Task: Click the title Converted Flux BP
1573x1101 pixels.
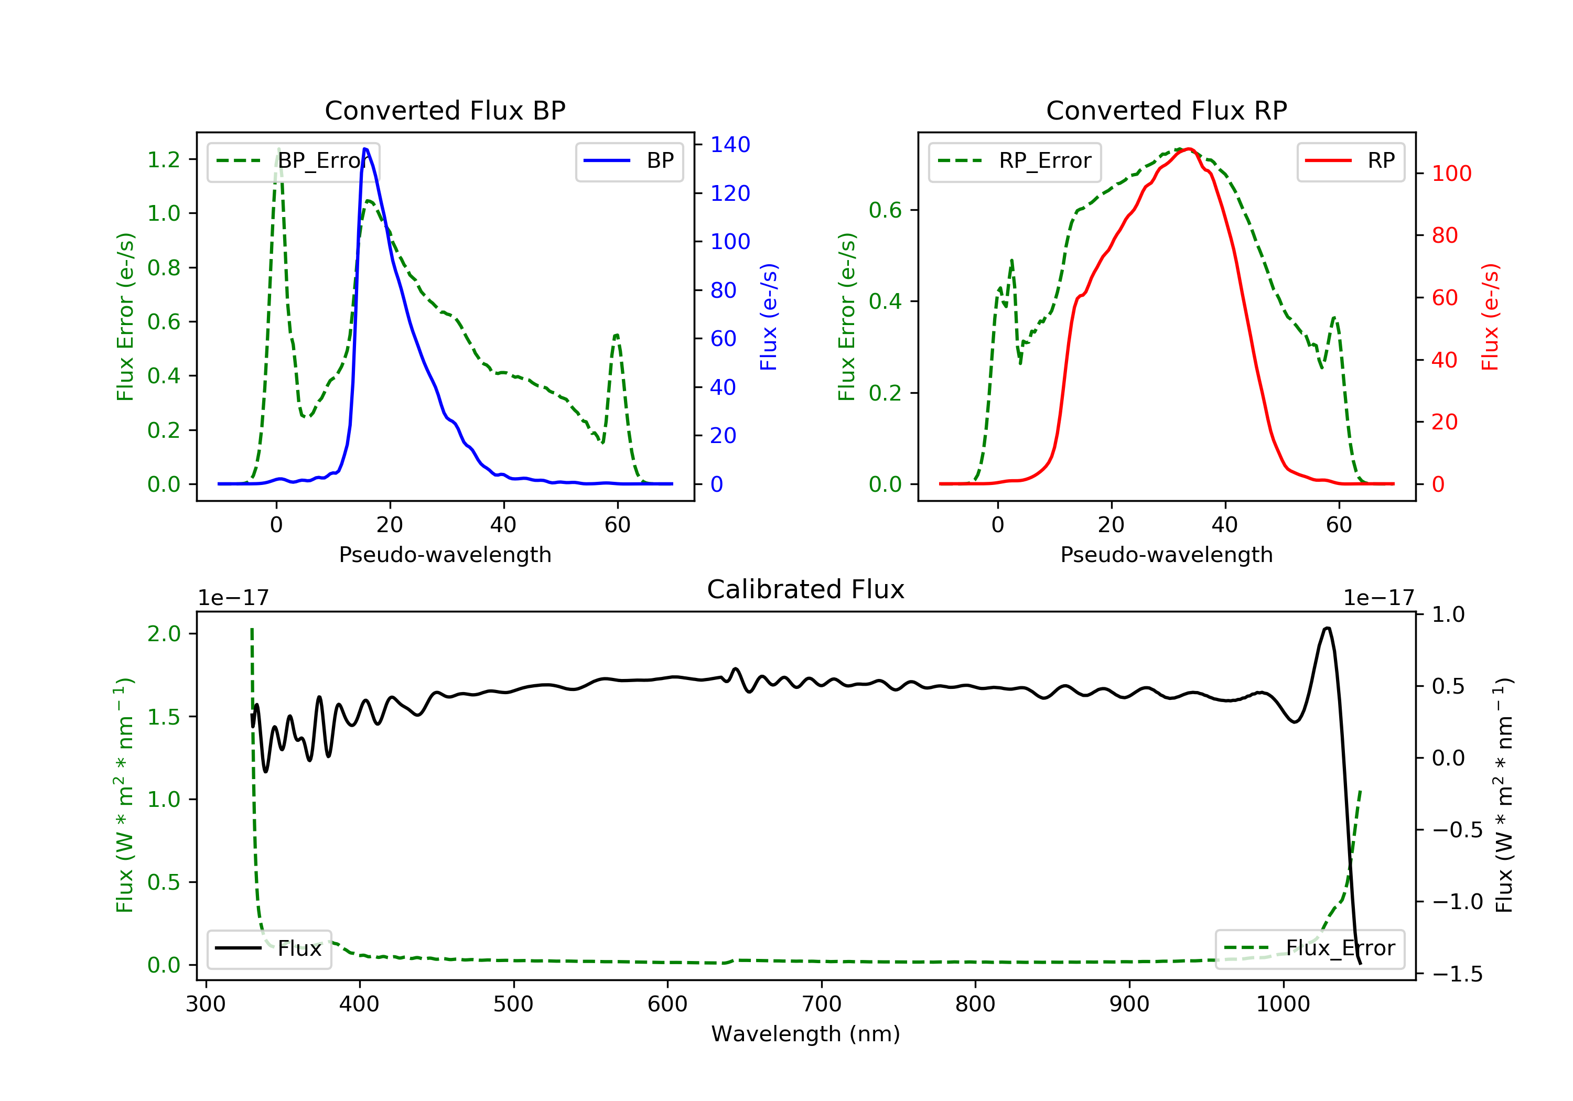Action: [445, 110]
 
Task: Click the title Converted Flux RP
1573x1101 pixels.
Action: [1166, 110]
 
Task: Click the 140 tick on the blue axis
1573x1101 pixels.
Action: [730, 145]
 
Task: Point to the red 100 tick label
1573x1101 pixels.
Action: [1451, 174]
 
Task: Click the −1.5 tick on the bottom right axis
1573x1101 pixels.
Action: [1457, 974]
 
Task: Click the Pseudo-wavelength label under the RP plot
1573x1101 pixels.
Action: [1166, 554]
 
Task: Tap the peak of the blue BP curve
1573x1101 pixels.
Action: [365, 149]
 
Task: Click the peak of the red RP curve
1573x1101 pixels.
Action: [1189, 149]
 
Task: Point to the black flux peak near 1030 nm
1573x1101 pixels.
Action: [1327, 628]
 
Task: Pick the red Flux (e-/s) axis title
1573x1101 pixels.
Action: [1490, 317]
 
